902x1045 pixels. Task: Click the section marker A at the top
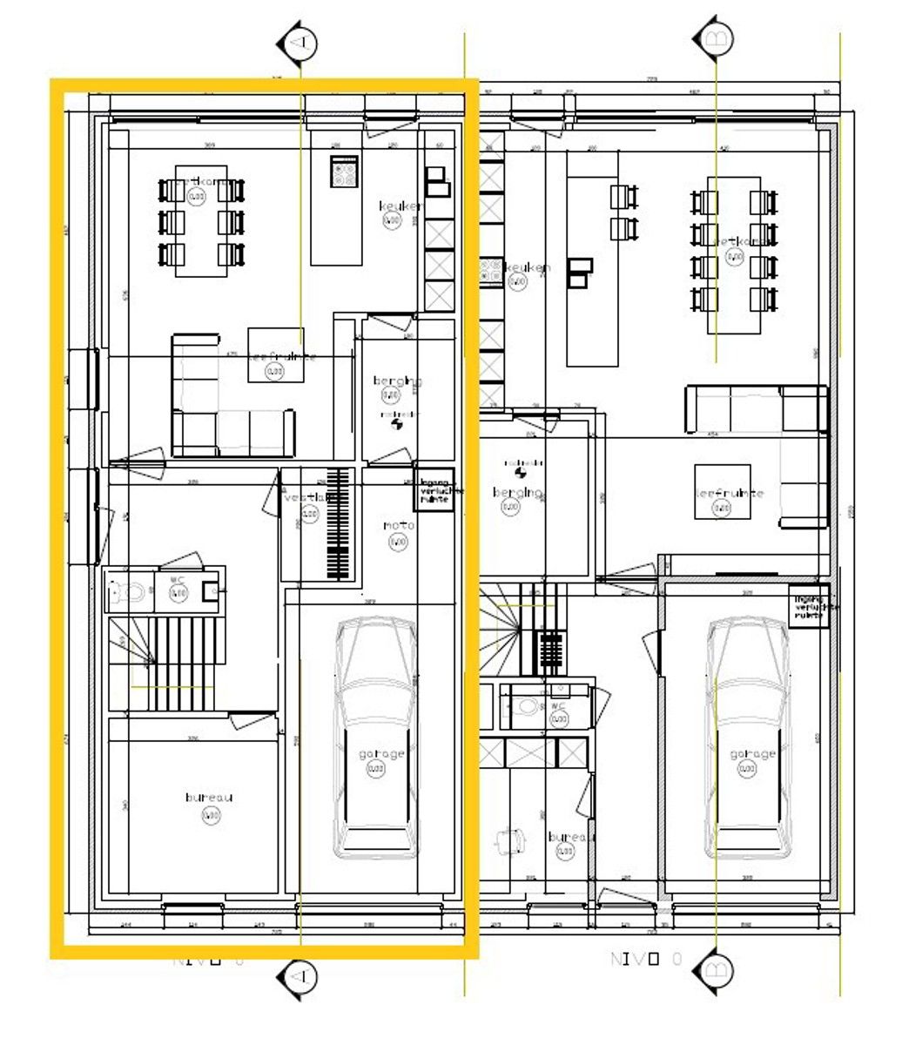299,43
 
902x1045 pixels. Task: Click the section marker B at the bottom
715,969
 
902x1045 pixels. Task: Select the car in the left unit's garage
376,737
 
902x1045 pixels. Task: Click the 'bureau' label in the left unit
209,798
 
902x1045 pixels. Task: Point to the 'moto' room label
398,526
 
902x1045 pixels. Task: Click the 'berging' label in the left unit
397,381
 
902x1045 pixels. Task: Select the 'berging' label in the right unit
517,493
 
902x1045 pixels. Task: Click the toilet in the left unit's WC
128,593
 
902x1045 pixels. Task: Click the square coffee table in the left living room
276,354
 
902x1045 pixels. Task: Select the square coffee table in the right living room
722,492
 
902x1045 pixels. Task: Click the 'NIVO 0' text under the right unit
647,960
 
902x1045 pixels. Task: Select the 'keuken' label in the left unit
401,206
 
